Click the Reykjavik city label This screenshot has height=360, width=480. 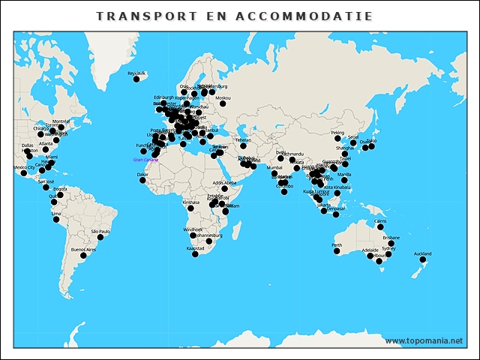(x=136, y=73)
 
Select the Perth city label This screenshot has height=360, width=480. (x=337, y=244)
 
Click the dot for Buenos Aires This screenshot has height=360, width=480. (x=83, y=256)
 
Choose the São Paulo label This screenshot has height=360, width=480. (x=100, y=231)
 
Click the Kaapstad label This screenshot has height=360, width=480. (x=195, y=247)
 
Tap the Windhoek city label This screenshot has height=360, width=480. (x=193, y=229)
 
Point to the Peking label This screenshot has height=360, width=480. (x=337, y=132)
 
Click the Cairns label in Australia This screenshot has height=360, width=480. (x=380, y=221)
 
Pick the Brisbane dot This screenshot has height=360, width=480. (x=391, y=244)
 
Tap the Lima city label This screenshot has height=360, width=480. (x=56, y=213)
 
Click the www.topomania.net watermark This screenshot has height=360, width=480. (x=424, y=340)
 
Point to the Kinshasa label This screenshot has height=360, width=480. (x=191, y=202)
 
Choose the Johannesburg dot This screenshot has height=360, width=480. (x=209, y=241)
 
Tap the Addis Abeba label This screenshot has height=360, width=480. (x=224, y=182)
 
